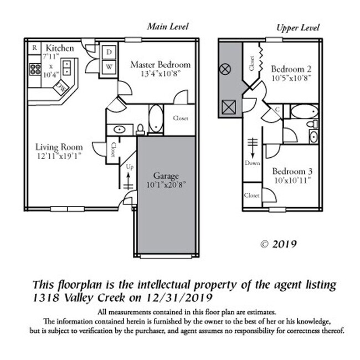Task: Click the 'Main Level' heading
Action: (168, 27)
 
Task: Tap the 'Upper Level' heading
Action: (297, 28)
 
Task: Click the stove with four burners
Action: (35, 70)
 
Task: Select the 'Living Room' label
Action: (59, 147)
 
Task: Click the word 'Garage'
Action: (166, 176)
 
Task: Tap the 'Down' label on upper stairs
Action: (252, 163)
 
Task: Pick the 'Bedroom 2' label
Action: (291, 69)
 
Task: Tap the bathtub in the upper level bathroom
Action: (304, 111)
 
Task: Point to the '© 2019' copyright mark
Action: (279, 244)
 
